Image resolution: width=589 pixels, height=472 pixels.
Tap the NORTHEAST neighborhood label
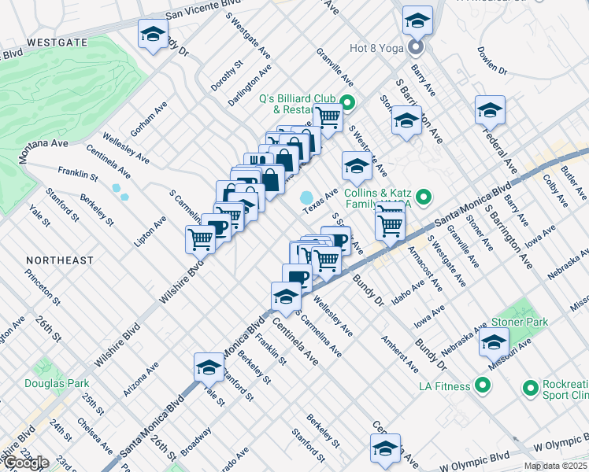click(59, 260)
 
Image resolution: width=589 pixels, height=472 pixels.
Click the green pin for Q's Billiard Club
click(347, 101)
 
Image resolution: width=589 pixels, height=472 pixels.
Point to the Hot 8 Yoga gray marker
click(415, 48)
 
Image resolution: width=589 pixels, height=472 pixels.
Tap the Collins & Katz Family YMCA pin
click(424, 197)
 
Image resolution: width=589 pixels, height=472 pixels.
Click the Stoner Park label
click(519, 322)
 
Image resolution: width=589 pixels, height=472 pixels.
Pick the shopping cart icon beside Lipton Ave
click(201, 238)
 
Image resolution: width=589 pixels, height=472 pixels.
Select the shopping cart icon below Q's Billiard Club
click(328, 118)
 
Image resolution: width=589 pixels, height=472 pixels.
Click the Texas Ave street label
click(321, 200)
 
